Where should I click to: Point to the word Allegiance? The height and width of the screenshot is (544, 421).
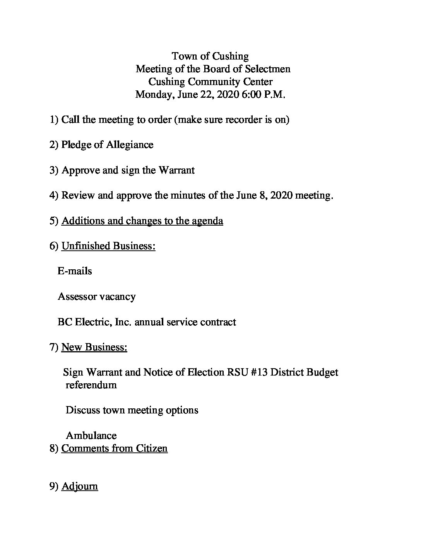click(130, 145)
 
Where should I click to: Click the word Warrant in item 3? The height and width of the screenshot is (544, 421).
click(176, 170)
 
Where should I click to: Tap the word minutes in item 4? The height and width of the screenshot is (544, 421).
click(187, 195)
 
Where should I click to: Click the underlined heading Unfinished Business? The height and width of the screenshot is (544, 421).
click(108, 246)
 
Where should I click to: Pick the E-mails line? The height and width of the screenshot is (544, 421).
click(75, 271)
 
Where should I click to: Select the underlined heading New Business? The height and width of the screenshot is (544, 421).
click(94, 347)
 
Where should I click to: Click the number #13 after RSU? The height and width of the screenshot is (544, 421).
click(256, 372)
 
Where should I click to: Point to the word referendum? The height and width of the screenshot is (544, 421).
click(91, 385)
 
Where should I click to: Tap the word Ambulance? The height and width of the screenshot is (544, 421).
click(91, 436)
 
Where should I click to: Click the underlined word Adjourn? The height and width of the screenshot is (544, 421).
click(79, 486)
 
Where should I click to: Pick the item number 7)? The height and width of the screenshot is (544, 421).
click(54, 347)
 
